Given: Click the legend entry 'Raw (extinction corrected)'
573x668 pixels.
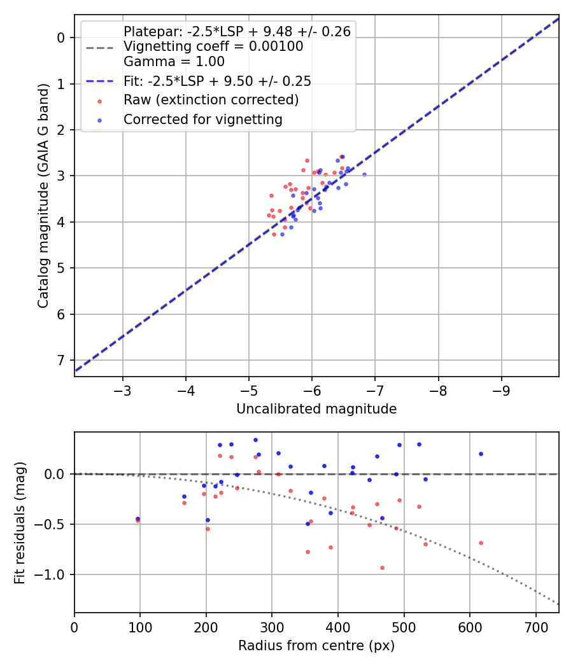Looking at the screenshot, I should click(211, 100).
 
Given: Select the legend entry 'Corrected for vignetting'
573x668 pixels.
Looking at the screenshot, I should click(203, 119).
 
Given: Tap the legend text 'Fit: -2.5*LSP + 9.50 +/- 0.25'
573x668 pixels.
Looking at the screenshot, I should click(217, 81).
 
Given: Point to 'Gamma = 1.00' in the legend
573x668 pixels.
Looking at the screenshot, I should click(174, 62).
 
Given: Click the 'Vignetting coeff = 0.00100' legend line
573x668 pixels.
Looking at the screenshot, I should click(213, 46).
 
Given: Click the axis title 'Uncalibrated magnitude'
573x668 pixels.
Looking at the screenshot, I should click(316, 409).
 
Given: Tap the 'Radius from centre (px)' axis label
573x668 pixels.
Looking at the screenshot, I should click(316, 646).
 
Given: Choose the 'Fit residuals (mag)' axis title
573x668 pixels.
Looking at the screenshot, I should click(20, 522).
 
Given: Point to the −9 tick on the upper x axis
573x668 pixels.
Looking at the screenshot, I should click(501, 389).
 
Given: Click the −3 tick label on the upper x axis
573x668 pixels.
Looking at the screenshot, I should click(123, 389).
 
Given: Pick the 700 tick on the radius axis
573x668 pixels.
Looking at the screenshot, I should click(535, 626).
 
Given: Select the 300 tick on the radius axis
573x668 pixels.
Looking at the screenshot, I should click(272, 626).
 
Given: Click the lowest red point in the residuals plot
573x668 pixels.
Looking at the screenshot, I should click(382, 567).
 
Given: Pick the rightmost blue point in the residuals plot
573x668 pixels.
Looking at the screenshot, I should click(481, 454).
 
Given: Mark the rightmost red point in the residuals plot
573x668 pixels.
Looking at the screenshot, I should click(481, 543).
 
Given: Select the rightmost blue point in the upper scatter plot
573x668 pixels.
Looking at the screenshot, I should click(364, 174).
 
